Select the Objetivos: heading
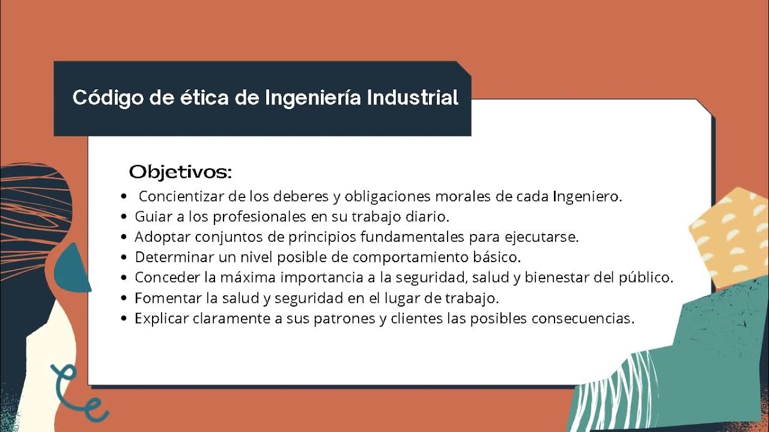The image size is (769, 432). pyautogui.click(x=180, y=172)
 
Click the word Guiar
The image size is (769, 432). pyautogui.click(x=150, y=217)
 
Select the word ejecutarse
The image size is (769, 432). pyautogui.click(x=546, y=237)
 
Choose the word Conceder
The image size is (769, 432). pyautogui.click(x=161, y=278)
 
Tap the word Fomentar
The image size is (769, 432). pyautogui.click(x=162, y=298)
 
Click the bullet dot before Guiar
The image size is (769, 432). pyautogui.click(x=124, y=217)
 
